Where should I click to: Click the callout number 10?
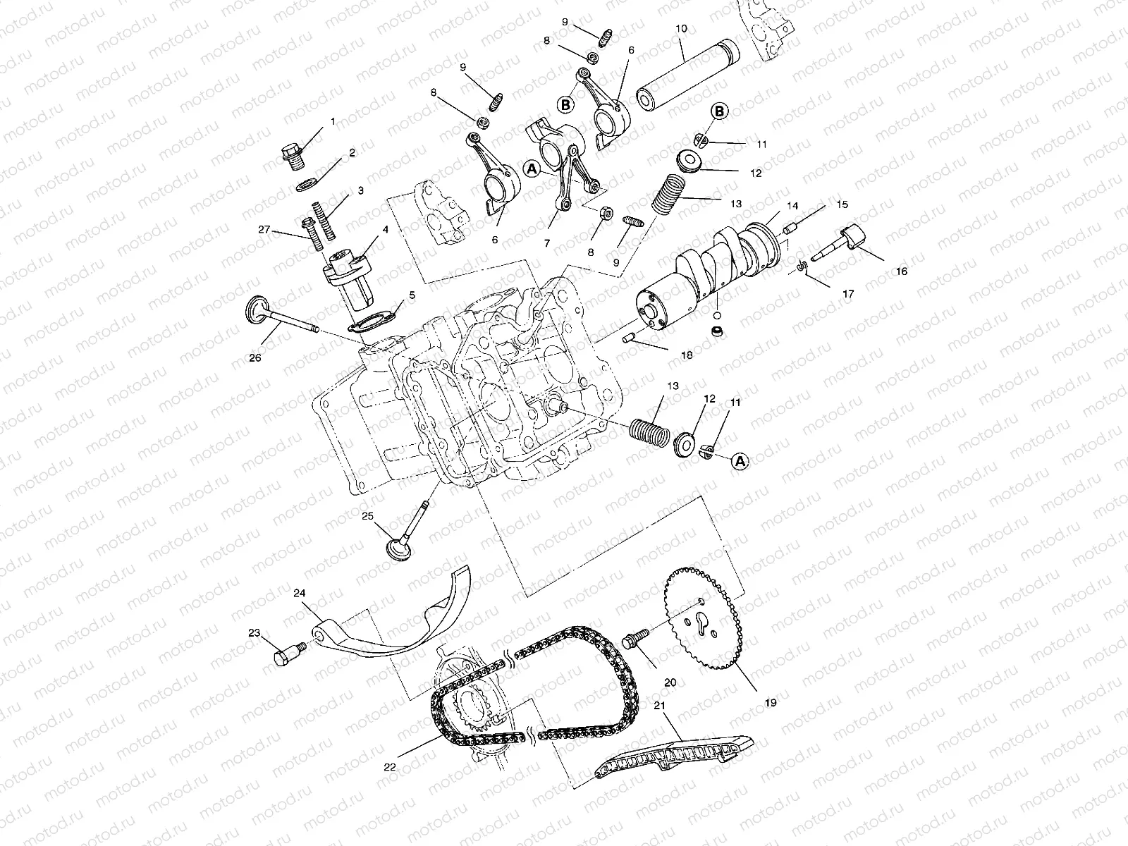680,29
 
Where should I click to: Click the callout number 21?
660,706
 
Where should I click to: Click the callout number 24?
300,594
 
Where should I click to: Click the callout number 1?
333,121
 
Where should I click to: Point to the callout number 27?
264,229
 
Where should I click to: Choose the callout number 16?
902,271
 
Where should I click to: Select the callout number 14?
792,206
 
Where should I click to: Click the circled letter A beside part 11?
740,461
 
